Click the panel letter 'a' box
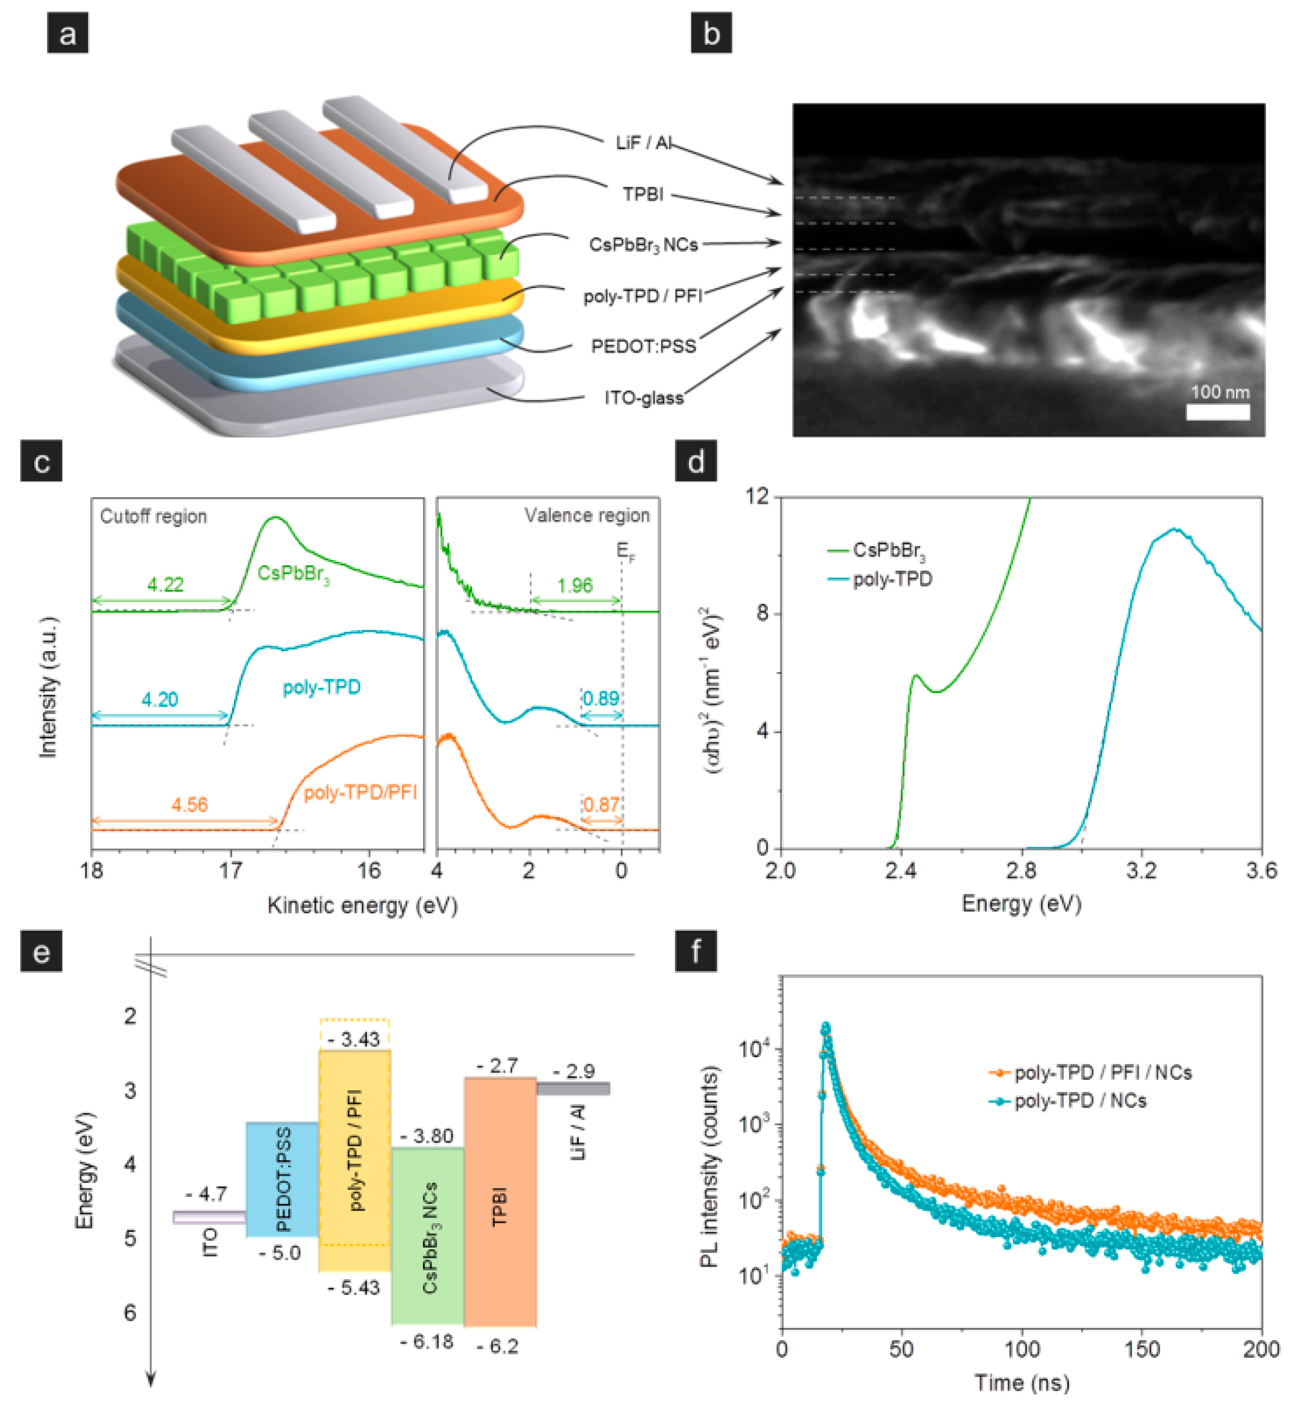pos(67,33)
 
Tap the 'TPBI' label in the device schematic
pos(643,194)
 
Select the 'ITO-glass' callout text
pos(643,398)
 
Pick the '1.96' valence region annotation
pos(575,585)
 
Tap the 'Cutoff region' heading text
pos(153,516)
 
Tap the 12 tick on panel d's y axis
pos(757,496)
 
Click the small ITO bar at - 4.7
pos(208,1218)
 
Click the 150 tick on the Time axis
pos(1142,1349)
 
